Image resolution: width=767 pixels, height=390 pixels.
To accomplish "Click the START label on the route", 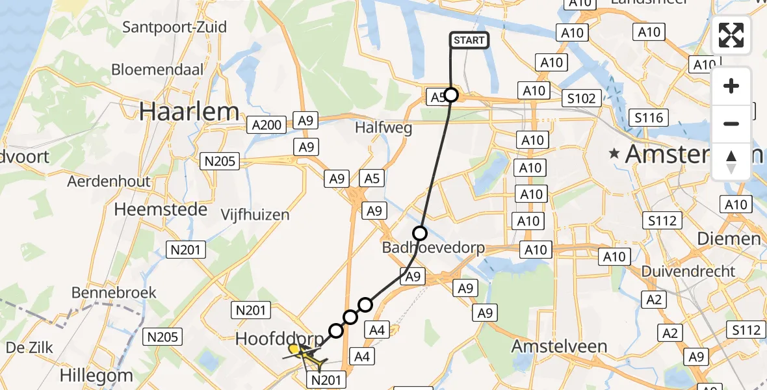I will tap(468, 40).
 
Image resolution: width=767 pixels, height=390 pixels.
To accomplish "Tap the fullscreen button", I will tap(731, 35).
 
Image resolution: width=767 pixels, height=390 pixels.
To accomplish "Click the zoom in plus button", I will tap(731, 86).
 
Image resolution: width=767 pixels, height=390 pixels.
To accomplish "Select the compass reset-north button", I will tap(731, 162).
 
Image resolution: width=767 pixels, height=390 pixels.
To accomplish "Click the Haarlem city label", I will tap(189, 112).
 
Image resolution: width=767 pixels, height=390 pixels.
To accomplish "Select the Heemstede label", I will tap(161, 209).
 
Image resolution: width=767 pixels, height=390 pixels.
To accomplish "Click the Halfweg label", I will tap(383, 128).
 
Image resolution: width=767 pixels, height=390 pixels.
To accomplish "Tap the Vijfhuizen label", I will tap(255, 214).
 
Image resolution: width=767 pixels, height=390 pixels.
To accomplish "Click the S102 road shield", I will tap(581, 98).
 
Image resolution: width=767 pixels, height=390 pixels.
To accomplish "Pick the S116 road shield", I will tap(649, 118).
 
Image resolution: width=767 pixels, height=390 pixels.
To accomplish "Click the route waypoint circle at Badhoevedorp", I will tap(420, 233).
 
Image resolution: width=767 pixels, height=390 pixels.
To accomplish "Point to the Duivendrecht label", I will tap(687, 271).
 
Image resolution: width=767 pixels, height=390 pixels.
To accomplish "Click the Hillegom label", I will tap(97, 375).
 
